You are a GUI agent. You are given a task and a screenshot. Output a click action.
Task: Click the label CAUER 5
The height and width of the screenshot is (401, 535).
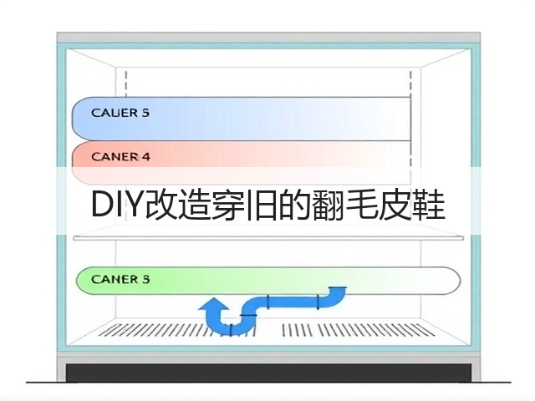click(x=120, y=113)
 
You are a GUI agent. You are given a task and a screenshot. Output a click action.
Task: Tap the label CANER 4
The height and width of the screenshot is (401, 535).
click(x=120, y=157)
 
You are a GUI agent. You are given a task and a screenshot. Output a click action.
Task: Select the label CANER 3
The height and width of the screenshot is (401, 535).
click(x=120, y=279)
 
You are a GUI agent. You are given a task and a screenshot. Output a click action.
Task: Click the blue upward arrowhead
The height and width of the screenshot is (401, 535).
click(x=214, y=303)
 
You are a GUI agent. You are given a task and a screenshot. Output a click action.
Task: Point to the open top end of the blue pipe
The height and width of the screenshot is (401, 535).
click(x=337, y=289)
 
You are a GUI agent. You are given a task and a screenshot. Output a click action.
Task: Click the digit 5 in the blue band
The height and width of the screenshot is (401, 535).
click(x=145, y=113)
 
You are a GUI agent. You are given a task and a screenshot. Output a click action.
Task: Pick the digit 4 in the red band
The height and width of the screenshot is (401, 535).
click(x=145, y=157)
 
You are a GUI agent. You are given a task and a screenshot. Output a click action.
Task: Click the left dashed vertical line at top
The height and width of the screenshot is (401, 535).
click(x=126, y=84)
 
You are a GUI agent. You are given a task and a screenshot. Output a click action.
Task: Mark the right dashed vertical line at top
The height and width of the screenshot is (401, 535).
click(x=410, y=84)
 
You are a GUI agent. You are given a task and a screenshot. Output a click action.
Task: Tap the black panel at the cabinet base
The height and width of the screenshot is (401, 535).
click(x=268, y=373)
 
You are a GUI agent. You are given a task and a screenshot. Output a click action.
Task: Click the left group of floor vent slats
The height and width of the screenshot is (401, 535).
click(x=177, y=329)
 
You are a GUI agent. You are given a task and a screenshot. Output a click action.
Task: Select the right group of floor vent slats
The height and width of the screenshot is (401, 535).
click(x=359, y=329)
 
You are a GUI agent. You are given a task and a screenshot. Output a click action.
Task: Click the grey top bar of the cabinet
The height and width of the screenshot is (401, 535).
click(x=268, y=37)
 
